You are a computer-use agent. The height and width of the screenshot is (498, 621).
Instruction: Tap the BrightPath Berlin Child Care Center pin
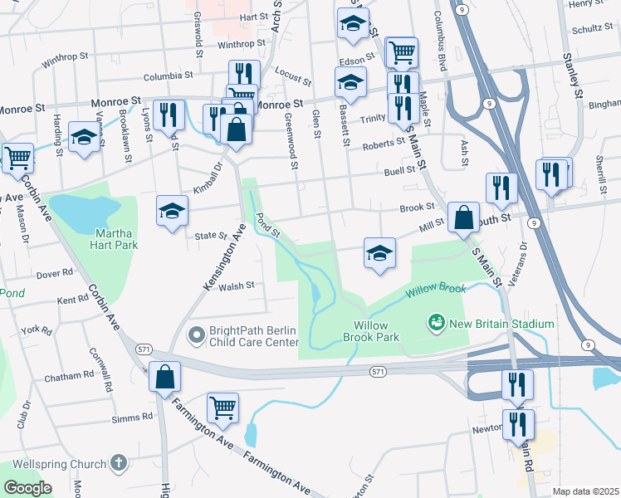(196, 335)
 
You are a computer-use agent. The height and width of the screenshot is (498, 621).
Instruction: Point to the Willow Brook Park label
(376, 331)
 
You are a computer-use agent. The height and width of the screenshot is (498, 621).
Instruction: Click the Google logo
(27, 488)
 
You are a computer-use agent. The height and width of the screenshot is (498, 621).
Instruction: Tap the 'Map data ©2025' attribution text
(585, 491)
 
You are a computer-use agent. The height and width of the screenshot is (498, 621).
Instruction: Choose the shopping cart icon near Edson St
(402, 53)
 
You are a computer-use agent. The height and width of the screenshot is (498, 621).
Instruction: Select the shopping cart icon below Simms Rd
(222, 408)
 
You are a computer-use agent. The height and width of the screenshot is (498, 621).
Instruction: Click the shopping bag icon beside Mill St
(463, 217)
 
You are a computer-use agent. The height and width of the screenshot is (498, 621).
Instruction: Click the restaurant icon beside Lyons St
(169, 115)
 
